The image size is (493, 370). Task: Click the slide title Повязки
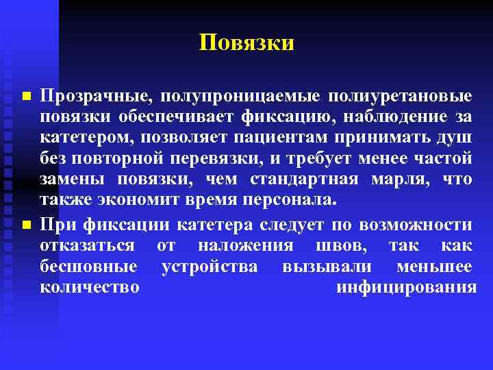point(246,43)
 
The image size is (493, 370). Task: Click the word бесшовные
point(89,266)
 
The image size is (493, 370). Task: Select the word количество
point(90,287)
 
